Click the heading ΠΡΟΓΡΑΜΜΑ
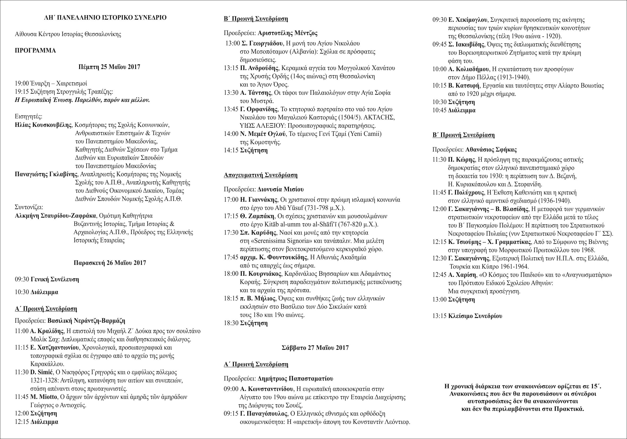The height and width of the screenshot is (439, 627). tap(35, 51)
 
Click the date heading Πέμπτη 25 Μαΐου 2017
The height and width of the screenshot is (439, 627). tap(109, 67)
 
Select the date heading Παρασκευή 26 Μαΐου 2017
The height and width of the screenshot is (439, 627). tap(110, 263)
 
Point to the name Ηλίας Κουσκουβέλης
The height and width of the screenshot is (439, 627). tap(44, 125)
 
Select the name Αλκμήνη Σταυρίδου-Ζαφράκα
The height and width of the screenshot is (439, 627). tap(55, 216)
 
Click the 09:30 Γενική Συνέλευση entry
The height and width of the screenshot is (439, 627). tap(47, 279)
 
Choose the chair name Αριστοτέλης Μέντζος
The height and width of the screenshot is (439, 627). tap(287, 33)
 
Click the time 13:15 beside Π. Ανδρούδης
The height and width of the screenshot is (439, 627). tap(231, 68)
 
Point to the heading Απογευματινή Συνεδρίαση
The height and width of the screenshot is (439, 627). tap(261, 175)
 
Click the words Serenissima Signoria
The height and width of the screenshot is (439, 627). tap(277, 241)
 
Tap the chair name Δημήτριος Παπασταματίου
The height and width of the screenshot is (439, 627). tap(295, 379)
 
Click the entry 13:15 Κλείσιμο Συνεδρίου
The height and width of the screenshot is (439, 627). tap(467, 316)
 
